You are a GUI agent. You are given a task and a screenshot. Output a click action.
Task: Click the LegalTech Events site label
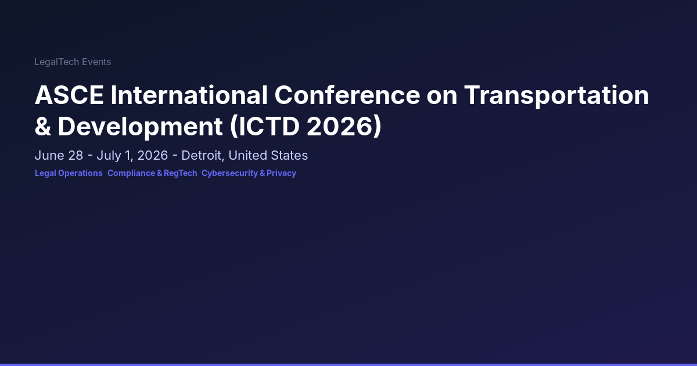[x=73, y=62]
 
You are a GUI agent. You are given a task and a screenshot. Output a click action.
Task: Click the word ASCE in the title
[x=69, y=95]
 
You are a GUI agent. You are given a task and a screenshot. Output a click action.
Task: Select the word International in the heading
[x=189, y=95]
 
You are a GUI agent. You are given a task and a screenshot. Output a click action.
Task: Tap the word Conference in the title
[x=347, y=95]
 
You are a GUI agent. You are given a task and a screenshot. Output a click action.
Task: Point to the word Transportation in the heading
[x=556, y=96]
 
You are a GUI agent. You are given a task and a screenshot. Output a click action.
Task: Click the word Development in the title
[x=140, y=127]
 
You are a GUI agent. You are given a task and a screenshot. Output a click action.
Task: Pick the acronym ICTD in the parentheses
[x=269, y=127]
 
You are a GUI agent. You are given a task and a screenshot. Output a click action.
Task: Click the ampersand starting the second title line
[x=42, y=127]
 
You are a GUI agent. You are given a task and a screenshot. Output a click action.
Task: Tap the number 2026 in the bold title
[x=340, y=127]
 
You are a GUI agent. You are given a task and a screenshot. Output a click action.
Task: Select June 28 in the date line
[x=59, y=155]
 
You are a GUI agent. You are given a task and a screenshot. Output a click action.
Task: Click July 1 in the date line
[x=114, y=156]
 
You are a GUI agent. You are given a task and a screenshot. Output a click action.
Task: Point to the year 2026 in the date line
[x=152, y=155]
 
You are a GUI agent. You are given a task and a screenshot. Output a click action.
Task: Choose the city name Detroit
[x=202, y=155]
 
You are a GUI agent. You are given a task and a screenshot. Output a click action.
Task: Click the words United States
[x=268, y=155]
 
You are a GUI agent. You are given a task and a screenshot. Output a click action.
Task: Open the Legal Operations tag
[x=69, y=173]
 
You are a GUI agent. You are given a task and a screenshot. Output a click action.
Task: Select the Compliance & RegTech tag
[x=152, y=173]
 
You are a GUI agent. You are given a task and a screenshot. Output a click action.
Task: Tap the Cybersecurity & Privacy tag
[x=249, y=173]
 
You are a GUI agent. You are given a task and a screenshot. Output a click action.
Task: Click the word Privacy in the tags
[x=281, y=173]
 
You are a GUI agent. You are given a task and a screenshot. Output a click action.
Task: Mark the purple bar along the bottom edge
[x=348, y=365]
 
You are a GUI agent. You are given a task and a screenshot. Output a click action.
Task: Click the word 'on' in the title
[x=442, y=96]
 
